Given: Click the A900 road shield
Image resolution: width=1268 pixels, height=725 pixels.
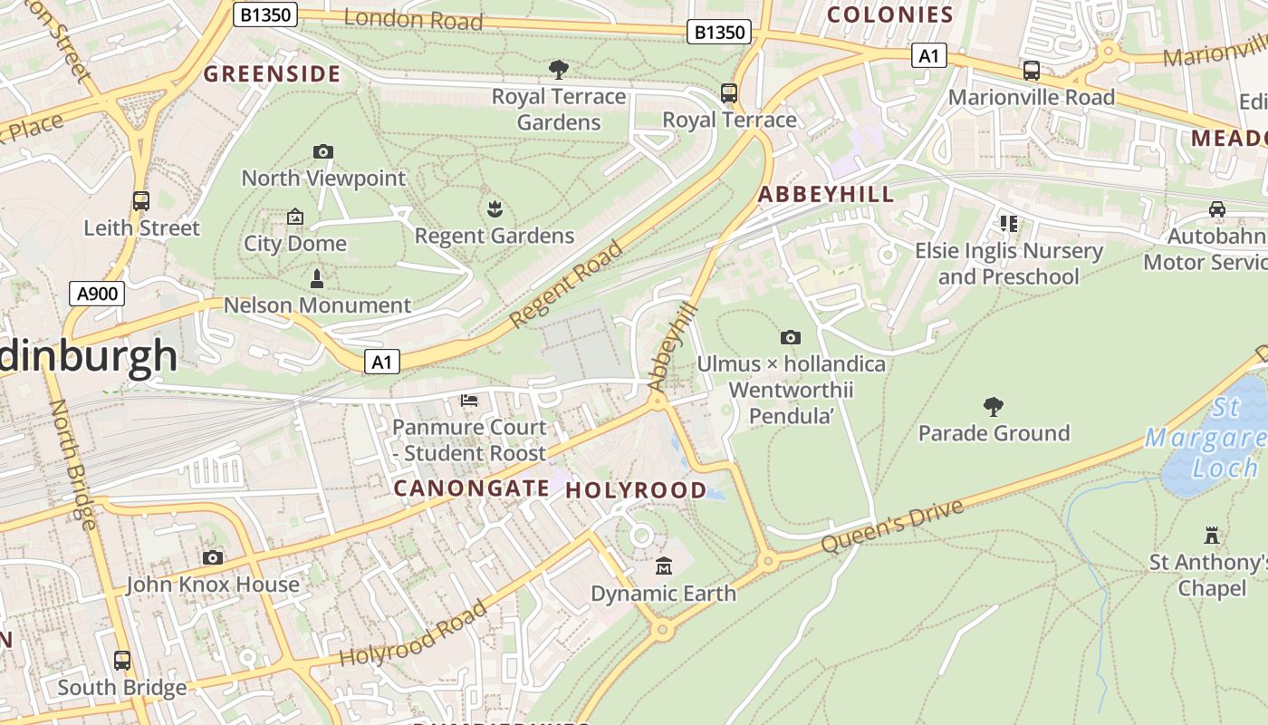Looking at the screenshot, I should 97,293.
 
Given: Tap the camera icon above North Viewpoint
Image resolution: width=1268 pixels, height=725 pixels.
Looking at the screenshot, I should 322,151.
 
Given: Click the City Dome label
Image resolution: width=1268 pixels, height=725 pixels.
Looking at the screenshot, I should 295,243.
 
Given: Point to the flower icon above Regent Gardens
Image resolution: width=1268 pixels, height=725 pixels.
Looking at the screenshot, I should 495,209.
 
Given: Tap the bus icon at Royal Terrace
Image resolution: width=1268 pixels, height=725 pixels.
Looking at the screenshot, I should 729,92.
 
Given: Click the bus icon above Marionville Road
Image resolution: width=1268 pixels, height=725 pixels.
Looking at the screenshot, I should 1031,70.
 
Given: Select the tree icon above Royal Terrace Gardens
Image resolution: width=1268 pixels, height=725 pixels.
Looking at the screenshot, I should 559,69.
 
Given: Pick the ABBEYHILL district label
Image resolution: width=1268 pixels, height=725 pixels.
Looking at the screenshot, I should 825,194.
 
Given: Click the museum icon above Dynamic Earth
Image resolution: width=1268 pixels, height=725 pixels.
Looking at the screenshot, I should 664,566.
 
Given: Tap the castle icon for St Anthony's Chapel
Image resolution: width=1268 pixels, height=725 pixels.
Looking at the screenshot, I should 1212,535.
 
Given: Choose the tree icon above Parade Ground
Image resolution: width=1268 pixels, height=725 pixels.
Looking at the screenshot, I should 994,406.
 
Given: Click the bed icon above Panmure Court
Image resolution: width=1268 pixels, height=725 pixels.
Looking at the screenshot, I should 469,400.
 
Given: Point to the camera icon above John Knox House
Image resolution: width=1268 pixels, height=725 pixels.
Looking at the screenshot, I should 213,557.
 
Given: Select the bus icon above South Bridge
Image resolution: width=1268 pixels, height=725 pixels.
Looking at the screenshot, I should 122,661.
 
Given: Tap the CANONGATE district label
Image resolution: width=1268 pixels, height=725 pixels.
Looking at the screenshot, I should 471,488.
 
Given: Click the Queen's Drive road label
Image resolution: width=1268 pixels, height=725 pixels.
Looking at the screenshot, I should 892,527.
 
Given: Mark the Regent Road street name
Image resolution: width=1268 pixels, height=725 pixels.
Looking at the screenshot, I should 567,285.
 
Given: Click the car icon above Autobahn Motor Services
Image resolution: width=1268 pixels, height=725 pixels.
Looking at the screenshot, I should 1216,209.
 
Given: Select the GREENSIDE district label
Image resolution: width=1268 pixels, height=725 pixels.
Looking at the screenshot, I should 272,74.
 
